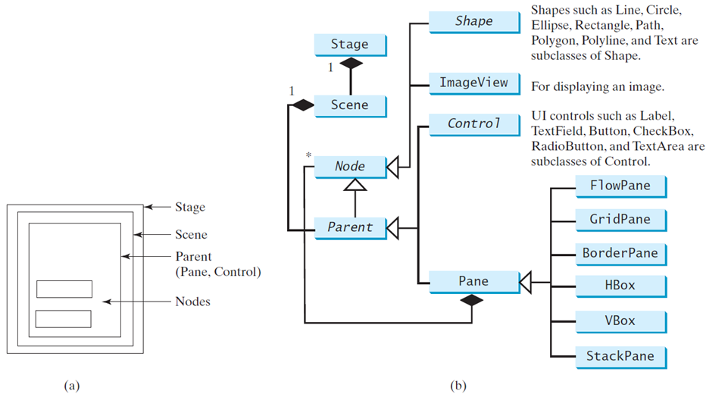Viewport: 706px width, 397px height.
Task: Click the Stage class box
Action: tap(349, 45)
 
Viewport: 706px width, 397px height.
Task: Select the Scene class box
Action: tap(349, 105)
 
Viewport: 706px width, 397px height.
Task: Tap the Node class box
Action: tap(349, 167)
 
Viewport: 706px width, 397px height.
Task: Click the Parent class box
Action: tap(349, 227)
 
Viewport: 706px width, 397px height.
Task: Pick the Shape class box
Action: tap(473, 21)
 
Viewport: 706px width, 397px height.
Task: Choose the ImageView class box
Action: tap(473, 83)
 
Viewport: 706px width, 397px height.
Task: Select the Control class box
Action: tap(473, 123)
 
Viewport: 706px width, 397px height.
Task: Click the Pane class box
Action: tap(473, 282)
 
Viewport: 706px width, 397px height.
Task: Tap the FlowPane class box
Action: tap(620, 185)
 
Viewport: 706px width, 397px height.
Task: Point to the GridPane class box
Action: tap(620, 219)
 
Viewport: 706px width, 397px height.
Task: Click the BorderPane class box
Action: tap(620, 252)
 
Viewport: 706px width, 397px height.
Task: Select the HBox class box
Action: tap(620, 286)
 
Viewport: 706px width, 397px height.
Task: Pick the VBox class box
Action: tap(620, 320)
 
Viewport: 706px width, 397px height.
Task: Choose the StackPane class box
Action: tap(620, 355)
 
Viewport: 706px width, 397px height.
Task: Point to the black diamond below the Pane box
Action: tap(473, 301)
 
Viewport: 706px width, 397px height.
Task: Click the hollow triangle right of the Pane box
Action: tap(528, 283)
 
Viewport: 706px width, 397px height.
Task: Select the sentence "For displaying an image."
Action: tap(598, 86)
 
